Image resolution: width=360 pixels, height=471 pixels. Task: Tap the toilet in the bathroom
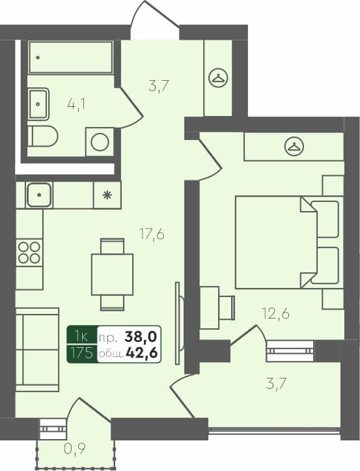click(45, 136)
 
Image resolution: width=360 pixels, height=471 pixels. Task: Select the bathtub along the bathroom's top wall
click(71, 57)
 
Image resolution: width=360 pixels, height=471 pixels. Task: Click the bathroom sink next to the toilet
click(38, 104)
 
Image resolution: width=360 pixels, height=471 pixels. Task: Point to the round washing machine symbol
click(100, 142)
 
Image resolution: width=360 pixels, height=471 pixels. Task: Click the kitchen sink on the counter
click(40, 194)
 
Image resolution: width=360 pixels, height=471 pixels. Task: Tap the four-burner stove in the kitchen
click(29, 252)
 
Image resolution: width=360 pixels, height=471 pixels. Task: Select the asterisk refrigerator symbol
click(107, 194)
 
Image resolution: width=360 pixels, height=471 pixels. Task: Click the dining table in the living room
click(112, 274)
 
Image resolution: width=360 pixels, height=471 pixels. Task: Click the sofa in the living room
click(36, 352)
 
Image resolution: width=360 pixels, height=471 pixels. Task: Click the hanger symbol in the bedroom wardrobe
click(294, 147)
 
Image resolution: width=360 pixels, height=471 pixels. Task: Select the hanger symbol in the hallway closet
click(218, 78)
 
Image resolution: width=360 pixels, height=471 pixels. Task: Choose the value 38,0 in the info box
click(143, 337)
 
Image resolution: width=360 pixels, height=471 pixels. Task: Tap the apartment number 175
click(83, 354)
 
